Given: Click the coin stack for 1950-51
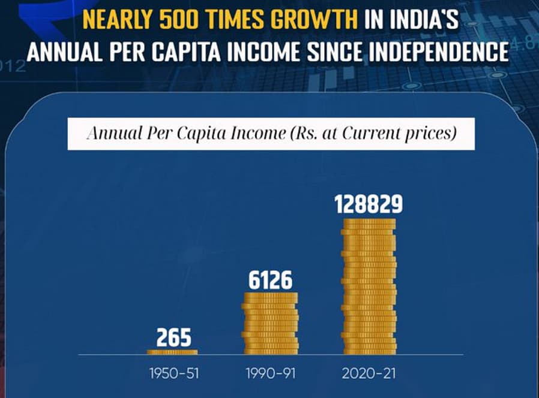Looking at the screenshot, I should (x=172, y=352).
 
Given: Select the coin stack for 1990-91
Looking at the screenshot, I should (x=269, y=323).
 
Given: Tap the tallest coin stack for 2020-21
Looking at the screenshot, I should (x=369, y=287).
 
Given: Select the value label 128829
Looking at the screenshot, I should (x=369, y=205).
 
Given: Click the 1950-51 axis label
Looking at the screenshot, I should (x=173, y=373).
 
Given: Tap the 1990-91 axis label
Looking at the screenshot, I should (x=270, y=373).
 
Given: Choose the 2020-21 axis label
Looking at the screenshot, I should (x=369, y=373).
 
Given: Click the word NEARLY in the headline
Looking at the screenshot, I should (x=116, y=20).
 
